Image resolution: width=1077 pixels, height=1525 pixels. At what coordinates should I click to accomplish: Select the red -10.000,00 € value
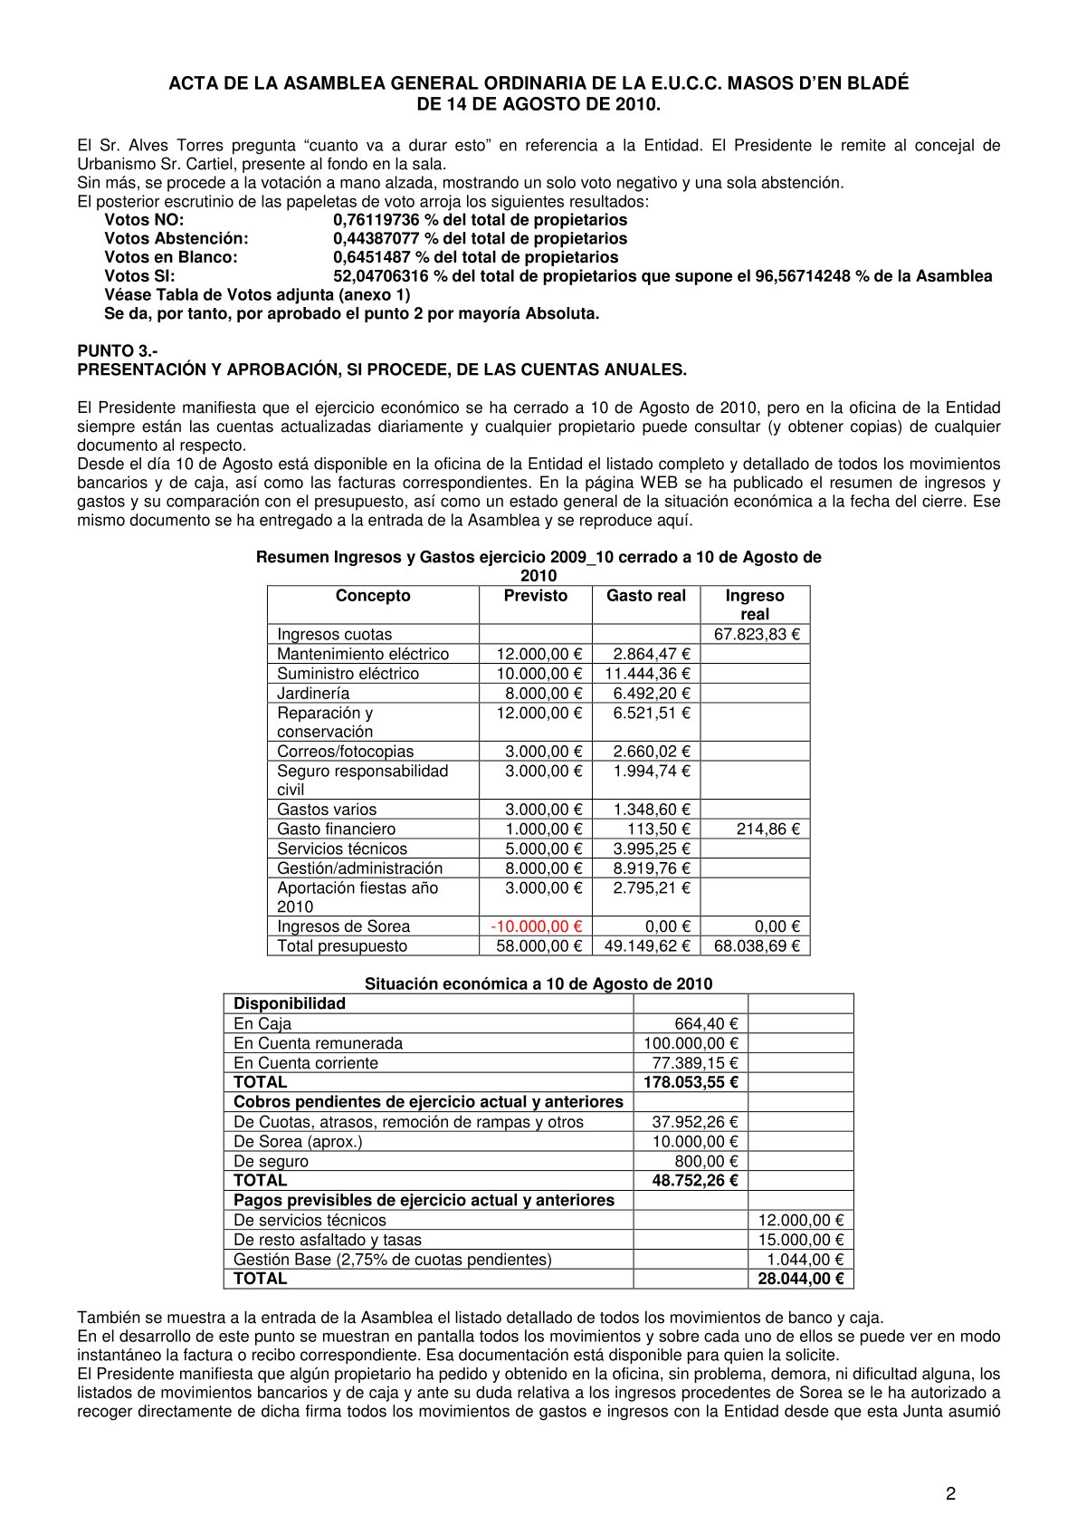(x=536, y=926)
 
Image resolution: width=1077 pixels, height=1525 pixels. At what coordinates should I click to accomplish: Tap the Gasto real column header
(x=646, y=596)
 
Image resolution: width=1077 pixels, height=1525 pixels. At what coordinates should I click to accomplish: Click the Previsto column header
(x=536, y=596)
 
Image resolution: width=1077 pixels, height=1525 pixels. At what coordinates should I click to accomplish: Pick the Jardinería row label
(x=313, y=694)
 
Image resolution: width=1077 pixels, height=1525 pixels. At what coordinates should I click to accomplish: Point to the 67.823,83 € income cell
(x=757, y=635)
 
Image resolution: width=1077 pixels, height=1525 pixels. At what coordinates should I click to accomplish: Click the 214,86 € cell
(x=768, y=829)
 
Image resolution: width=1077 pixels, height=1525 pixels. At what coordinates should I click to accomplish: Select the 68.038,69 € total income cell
(x=757, y=946)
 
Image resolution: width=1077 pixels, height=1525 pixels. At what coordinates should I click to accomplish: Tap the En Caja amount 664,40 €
(x=706, y=1024)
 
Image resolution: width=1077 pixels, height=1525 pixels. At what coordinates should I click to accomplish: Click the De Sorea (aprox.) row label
(x=298, y=1142)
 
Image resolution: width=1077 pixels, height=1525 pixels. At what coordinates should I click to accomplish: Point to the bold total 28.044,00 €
(x=800, y=1279)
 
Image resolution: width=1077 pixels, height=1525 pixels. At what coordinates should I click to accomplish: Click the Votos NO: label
(x=144, y=220)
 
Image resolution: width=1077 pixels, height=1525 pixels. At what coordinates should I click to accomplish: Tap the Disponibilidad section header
(x=290, y=1003)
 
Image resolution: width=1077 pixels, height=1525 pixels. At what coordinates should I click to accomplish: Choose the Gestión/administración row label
(x=359, y=868)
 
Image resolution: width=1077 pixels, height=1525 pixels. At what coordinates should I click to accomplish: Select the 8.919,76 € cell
(x=652, y=868)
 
